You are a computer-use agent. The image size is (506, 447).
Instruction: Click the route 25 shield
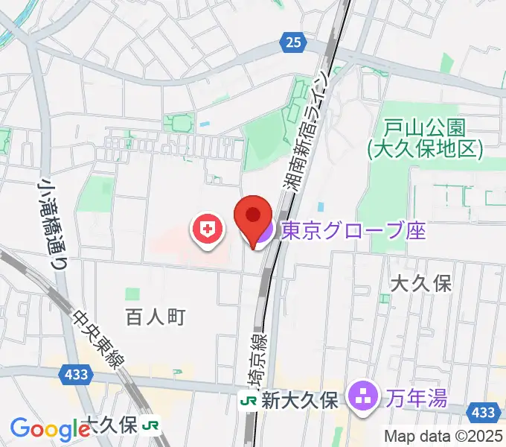point(293,43)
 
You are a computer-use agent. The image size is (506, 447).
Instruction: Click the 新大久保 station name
point(301,400)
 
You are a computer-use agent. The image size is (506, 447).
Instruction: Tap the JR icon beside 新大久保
point(248,401)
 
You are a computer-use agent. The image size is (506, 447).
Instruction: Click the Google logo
point(49,428)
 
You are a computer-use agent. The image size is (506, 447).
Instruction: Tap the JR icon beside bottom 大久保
point(153,425)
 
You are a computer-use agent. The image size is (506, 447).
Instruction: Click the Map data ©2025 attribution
point(444,436)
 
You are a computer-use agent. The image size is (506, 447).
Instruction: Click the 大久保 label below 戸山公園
point(421,284)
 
